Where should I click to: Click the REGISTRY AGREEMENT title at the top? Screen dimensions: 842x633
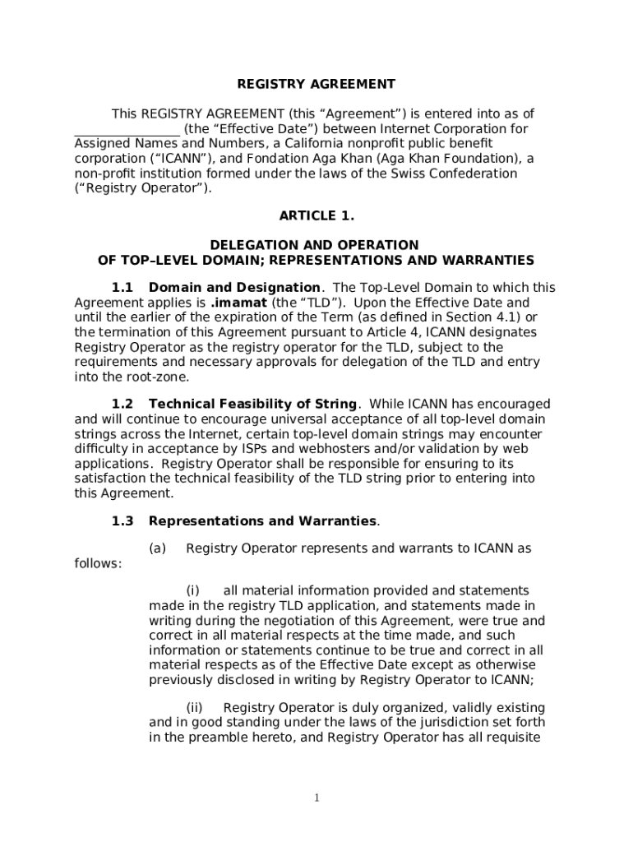(316, 84)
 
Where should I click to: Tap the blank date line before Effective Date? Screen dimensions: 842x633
(127, 130)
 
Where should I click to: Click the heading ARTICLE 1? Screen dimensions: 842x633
(316, 216)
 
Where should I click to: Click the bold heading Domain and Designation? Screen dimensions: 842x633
(234, 288)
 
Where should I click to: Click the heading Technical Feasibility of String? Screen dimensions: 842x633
(252, 404)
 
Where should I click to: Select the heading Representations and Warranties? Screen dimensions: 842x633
(263, 521)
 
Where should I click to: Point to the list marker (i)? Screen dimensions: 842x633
(193, 591)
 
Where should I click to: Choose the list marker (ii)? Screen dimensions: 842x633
(195, 708)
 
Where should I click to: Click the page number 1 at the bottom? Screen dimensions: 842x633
(316, 798)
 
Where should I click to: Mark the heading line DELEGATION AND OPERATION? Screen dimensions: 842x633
(315, 245)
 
